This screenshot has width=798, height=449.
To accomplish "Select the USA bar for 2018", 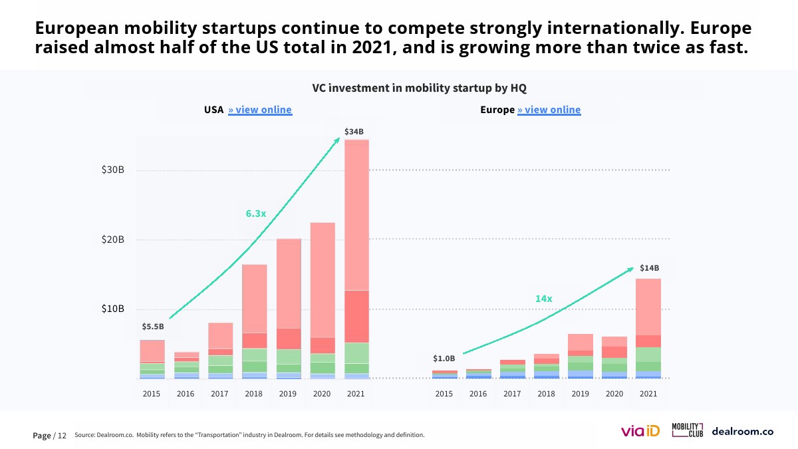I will [254, 322].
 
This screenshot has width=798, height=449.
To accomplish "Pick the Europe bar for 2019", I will [581, 357].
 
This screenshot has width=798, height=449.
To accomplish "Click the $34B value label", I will [354, 132].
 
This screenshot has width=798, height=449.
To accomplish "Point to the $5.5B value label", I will [152, 327].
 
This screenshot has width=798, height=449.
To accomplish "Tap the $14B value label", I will [649, 268].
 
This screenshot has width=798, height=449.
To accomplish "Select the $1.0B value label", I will [444, 359].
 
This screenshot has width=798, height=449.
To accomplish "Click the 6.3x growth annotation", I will [255, 214].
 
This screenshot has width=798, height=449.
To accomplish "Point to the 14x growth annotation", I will [544, 299].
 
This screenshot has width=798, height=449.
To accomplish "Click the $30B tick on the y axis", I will [112, 170].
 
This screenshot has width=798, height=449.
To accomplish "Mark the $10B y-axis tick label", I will [112, 309].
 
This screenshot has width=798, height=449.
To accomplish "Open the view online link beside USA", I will [260, 110].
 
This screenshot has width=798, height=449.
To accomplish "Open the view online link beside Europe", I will [549, 110].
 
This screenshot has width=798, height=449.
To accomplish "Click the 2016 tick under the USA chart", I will [186, 394].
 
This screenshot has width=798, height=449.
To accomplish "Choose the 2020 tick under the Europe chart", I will [614, 394].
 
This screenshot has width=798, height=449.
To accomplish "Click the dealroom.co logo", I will [742, 431].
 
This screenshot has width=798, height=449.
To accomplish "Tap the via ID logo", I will [640, 432].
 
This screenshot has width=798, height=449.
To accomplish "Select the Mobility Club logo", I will [687, 430].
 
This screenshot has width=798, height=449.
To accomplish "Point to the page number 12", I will [62, 436].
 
